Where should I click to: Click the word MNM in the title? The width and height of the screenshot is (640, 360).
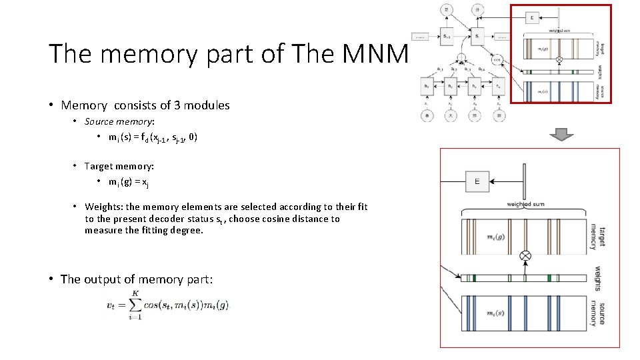(374, 54)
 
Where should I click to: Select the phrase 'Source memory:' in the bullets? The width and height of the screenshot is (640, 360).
(119, 121)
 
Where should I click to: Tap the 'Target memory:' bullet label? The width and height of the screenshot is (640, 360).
(119, 166)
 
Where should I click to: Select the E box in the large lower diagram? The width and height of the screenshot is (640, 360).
(477, 181)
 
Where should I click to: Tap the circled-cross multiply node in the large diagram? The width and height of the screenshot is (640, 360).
(525, 255)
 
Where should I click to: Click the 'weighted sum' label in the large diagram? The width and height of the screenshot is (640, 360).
(527, 205)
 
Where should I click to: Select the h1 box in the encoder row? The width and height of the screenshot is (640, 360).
(425, 87)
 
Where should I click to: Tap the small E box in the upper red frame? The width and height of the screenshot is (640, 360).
(533, 17)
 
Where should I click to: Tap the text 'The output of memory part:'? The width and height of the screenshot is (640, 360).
(137, 279)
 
